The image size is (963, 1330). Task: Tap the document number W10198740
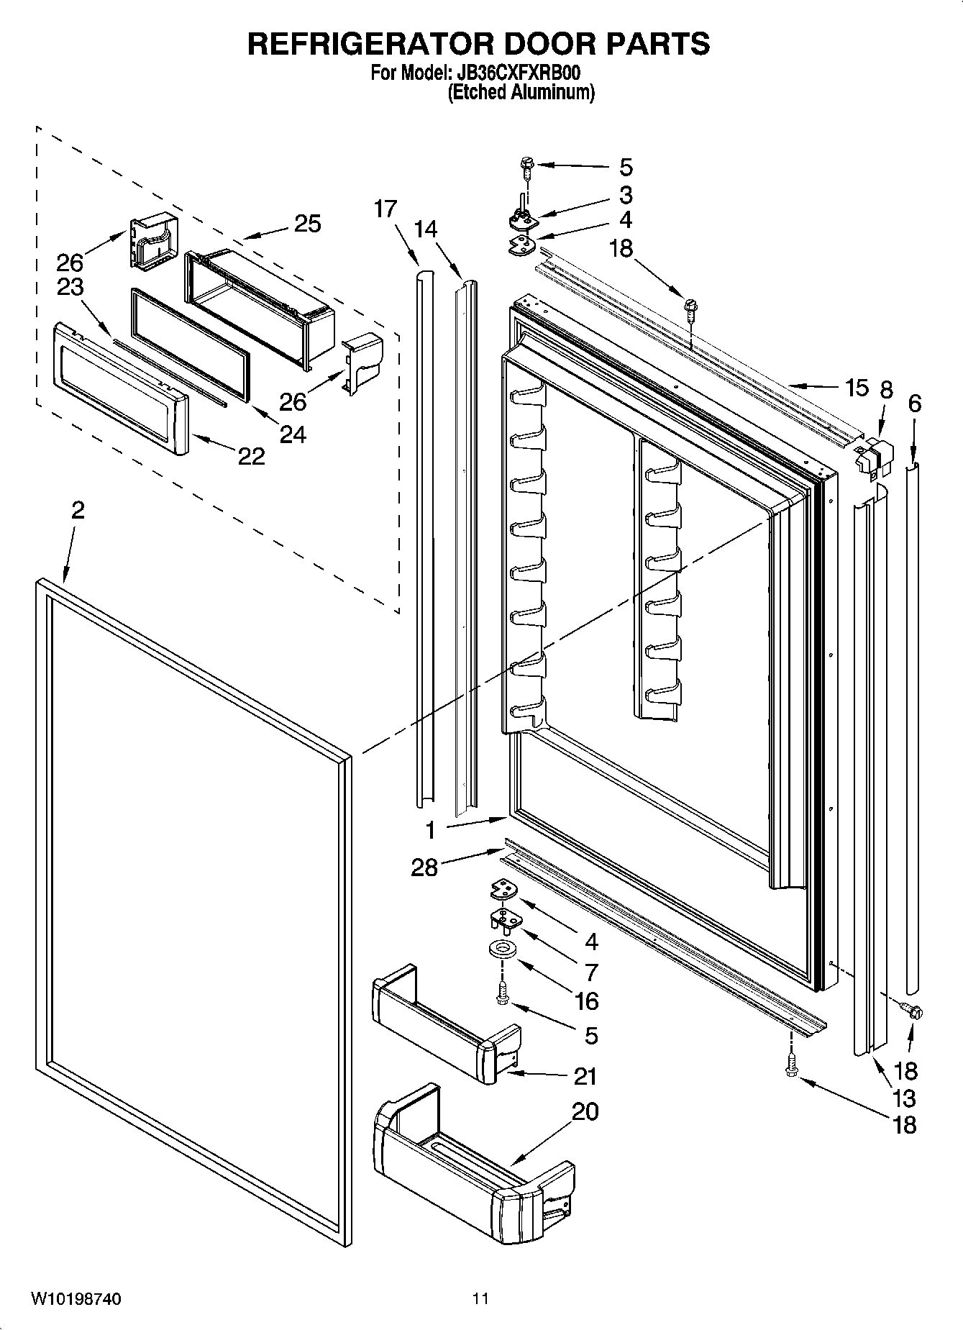click(76, 1298)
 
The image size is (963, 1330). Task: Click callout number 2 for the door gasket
click(78, 511)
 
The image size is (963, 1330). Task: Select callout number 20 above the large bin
click(584, 1111)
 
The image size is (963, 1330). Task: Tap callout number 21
click(585, 1076)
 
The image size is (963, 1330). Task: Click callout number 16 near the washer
click(587, 1001)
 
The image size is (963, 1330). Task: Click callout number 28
click(424, 867)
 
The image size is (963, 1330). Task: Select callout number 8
click(886, 390)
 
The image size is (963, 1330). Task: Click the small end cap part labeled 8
click(873, 455)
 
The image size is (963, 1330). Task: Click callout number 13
click(903, 1098)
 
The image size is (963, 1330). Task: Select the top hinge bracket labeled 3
click(523, 218)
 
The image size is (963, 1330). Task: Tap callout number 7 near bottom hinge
click(591, 973)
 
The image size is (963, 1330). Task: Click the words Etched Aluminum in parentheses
click(521, 93)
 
